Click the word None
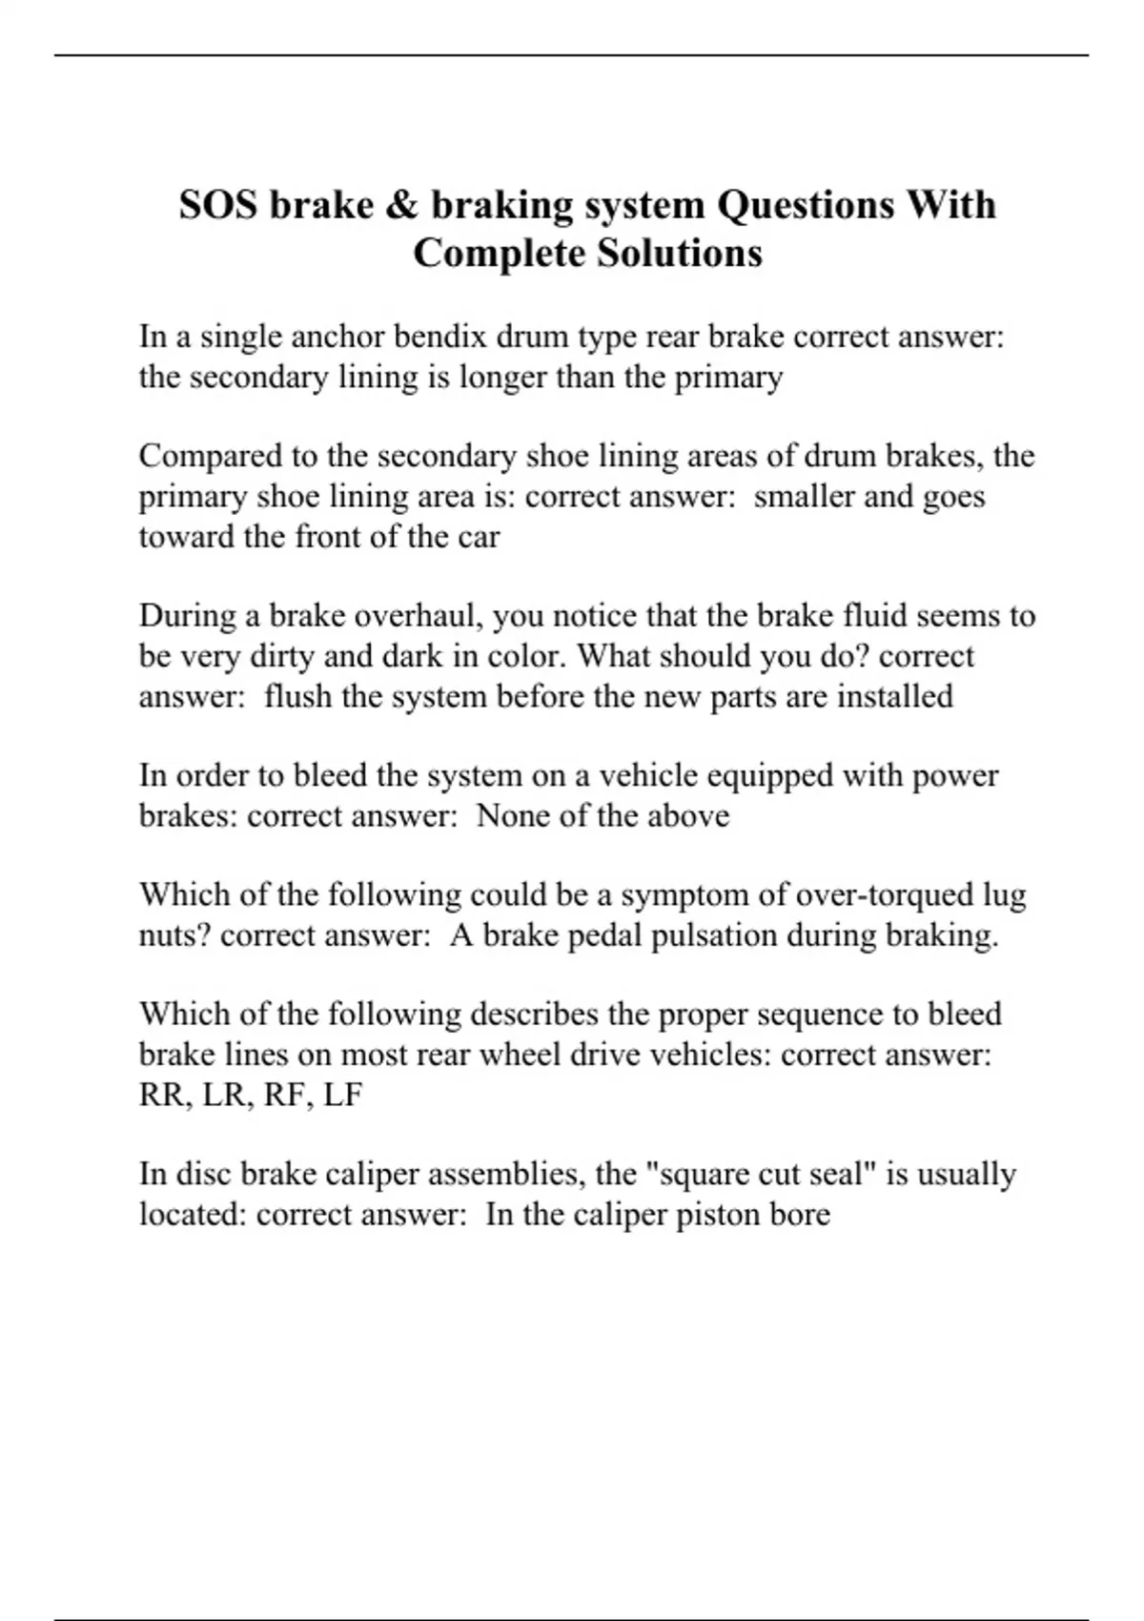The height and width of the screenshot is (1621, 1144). tap(513, 816)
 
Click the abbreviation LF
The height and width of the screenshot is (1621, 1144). tap(342, 1095)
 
